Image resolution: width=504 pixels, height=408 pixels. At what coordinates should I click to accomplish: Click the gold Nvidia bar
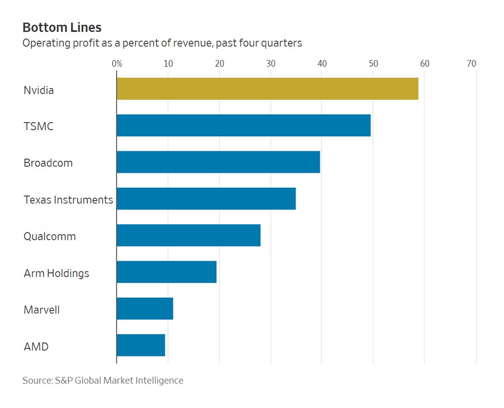click(267, 89)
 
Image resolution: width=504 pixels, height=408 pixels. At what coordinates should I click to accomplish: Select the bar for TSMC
click(244, 126)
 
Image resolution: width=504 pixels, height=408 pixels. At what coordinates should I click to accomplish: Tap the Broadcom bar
click(218, 162)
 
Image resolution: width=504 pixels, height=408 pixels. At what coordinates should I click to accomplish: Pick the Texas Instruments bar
click(206, 199)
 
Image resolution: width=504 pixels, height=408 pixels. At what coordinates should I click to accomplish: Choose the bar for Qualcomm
click(189, 235)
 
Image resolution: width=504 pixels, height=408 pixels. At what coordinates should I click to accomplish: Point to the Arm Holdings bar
click(166, 272)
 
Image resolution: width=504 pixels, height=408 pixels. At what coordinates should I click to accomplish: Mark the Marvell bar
click(145, 309)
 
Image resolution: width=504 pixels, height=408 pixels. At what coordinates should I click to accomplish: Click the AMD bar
click(141, 345)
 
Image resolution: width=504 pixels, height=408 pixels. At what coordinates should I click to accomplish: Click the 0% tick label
click(117, 64)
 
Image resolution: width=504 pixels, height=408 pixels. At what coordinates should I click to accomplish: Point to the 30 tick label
click(271, 64)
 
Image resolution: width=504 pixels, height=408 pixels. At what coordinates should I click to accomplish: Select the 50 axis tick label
click(374, 64)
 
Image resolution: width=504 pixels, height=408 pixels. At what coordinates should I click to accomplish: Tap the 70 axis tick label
click(472, 64)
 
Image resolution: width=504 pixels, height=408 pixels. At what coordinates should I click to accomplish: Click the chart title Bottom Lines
click(62, 27)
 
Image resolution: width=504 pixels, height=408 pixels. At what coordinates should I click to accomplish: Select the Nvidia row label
click(39, 90)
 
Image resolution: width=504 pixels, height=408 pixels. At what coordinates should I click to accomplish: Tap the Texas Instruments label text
click(68, 200)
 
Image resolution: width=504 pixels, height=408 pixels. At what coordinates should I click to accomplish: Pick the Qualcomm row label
click(50, 237)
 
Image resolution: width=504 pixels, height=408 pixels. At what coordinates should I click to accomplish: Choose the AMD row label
click(36, 346)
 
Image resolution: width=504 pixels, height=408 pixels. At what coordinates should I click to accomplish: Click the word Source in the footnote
click(37, 381)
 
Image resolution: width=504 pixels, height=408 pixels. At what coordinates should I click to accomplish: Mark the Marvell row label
click(41, 309)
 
